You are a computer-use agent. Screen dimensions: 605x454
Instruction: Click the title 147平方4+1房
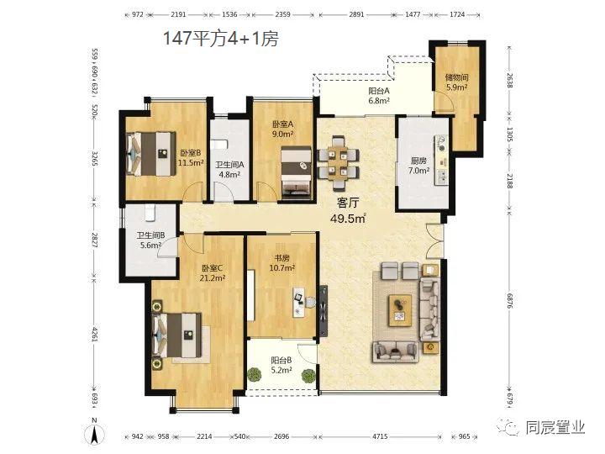pyautogui.click(x=221, y=38)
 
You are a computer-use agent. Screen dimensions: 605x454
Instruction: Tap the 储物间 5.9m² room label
pyautogui.click(x=457, y=82)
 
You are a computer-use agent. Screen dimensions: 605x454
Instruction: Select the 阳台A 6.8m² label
pyautogui.click(x=379, y=96)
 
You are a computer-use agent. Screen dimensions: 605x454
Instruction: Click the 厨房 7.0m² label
pyautogui.click(x=419, y=166)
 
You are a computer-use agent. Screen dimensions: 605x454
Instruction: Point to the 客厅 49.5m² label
pyautogui.click(x=348, y=211)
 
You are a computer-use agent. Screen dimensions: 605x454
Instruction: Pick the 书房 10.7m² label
pyautogui.click(x=282, y=262)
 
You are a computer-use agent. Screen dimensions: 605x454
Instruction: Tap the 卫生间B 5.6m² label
pyautogui.click(x=150, y=240)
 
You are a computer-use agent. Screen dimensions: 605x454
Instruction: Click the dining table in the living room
pyautogui.click(x=339, y=163)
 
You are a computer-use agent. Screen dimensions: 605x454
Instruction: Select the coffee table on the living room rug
pyautogui.click(x=400, y=310)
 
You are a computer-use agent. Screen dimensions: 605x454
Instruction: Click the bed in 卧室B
pyautogui.click(x=151, y=154)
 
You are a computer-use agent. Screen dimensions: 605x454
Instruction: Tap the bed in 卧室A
pyautogui.click(x=296, y=172)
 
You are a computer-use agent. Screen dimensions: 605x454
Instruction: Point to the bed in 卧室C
pyautogui.click(x=177, y=335)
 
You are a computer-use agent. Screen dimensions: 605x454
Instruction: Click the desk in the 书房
pyautogui.click(x=298, y=303)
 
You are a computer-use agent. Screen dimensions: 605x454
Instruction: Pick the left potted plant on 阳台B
pyautogui.click(x=254, y=374)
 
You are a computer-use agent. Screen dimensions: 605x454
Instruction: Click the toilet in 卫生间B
pyautogui.click(x=150, y=213)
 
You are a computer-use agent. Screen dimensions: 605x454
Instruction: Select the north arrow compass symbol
pyautogui.click(x=94, y=431)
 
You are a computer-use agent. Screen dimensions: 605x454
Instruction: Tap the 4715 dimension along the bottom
pyautogui.click(x=380, y=436)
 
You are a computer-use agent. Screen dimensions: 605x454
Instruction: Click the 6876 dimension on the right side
pyautogui.click(x=510, y=300)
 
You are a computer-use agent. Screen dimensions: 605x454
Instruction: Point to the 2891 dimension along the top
pyautogui.click(x=356, y=14)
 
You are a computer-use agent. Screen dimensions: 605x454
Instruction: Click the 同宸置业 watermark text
pyautogui.click(x=555, y=427)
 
